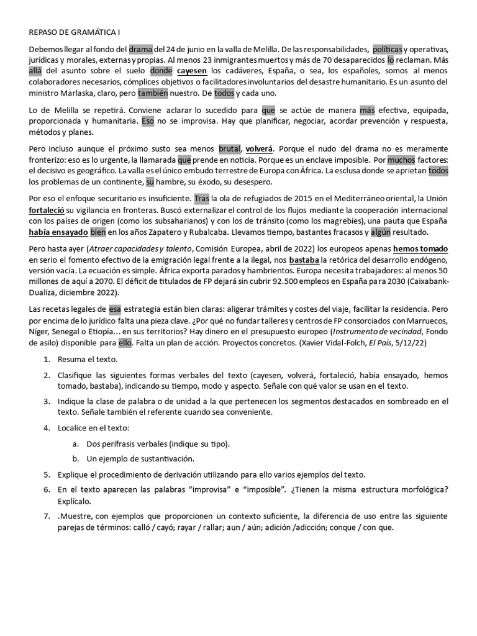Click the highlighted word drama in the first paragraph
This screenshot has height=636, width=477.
pyautogui.click(x=140, y=49)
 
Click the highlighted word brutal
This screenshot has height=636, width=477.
pyautogui.click(x=230, y=150)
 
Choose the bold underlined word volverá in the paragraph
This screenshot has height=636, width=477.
pyautogui.click(x=259, y=150)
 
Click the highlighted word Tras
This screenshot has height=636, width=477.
pyautogui.click(x=202, y=199)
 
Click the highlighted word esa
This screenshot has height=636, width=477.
pyautogui.click(x=115, y=310)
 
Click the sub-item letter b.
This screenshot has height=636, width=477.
pyautogui.click(x=75, y=459)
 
